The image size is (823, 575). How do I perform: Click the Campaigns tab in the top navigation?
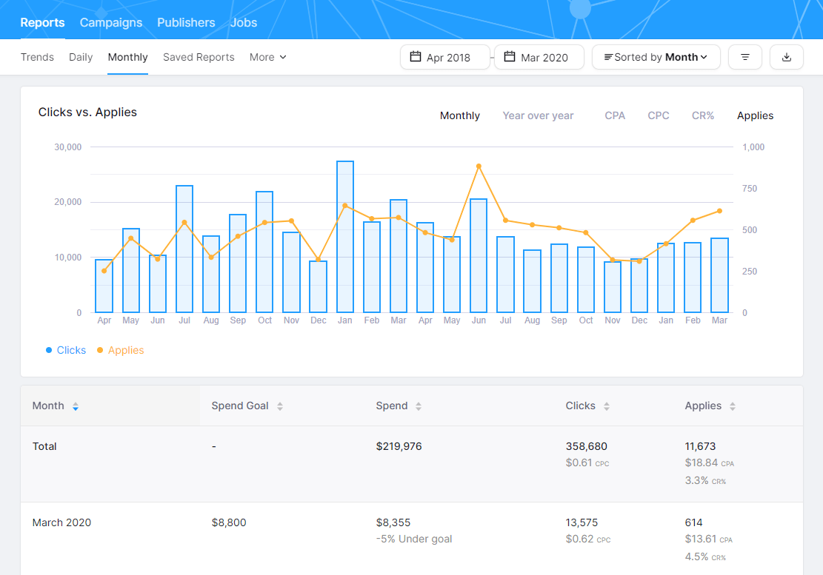110,22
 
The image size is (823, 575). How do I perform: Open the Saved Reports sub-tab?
199,57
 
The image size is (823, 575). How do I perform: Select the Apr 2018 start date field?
445,57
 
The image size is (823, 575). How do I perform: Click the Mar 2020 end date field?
539,57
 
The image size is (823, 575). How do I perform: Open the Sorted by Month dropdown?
656,57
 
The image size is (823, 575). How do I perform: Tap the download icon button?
786,57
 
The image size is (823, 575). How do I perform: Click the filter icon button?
744,57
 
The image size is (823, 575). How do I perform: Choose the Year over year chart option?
538,115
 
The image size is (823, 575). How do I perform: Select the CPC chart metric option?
658,115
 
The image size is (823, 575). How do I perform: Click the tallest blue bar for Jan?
344,237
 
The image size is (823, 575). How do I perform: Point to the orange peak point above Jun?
479,167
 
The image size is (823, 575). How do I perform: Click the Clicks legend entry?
71,350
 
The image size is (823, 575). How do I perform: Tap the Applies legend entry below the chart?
125,350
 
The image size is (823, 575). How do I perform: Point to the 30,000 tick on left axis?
67,147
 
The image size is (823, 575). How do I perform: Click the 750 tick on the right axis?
751,189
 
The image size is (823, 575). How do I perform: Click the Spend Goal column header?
240,406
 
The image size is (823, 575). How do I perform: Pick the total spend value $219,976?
399,446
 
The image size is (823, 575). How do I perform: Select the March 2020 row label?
61,522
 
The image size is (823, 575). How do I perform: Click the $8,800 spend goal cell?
228,522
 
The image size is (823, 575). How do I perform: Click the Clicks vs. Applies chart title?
87,112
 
